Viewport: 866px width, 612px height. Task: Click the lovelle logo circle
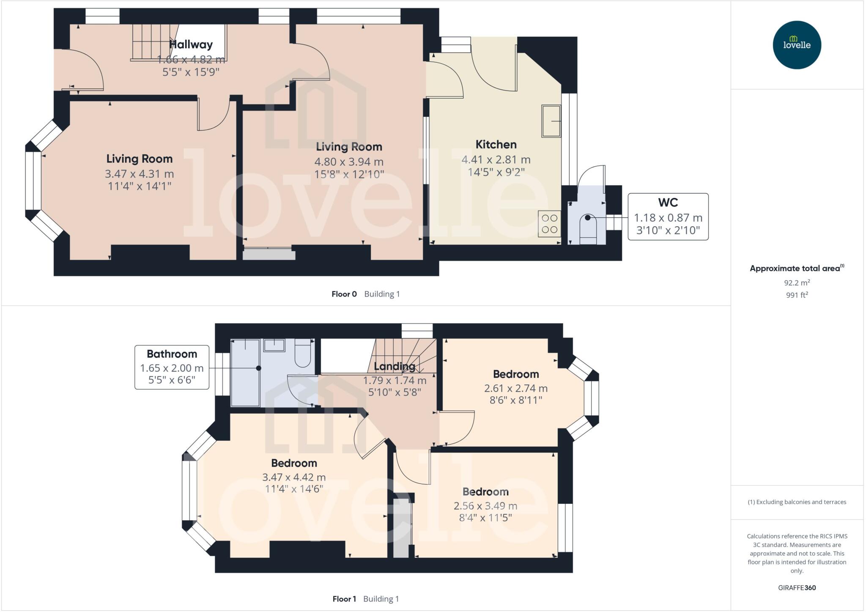[x=797, y=45]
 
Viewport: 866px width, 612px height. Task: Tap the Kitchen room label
[x=496, y=145]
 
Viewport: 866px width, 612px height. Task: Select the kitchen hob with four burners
[x=549, y=224]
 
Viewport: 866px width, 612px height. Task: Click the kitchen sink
[x=551, y=121]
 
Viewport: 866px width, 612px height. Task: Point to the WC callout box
[x=668, y=217]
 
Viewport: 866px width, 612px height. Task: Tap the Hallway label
[x=191, y=44]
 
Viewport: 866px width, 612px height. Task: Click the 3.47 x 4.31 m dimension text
[x=139, y=174]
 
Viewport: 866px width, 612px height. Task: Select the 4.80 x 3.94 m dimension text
[x=349, y=162]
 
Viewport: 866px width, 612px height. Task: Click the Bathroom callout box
[x=172, y=367]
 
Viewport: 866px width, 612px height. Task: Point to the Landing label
[x=395, y=366]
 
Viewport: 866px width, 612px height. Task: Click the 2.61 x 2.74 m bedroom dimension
[x=515, y=388]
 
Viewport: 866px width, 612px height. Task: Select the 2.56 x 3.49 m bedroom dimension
[x=485, y=506]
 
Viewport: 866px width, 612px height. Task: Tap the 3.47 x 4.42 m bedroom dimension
[x=294, y=477]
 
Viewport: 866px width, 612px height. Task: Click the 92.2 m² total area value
[x=797, y=283]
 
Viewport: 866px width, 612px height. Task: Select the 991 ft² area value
[x=797, y=295]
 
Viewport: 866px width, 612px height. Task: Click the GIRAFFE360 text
[x=797, y=587]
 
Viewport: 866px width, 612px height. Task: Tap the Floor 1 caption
[x=344, y=599]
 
